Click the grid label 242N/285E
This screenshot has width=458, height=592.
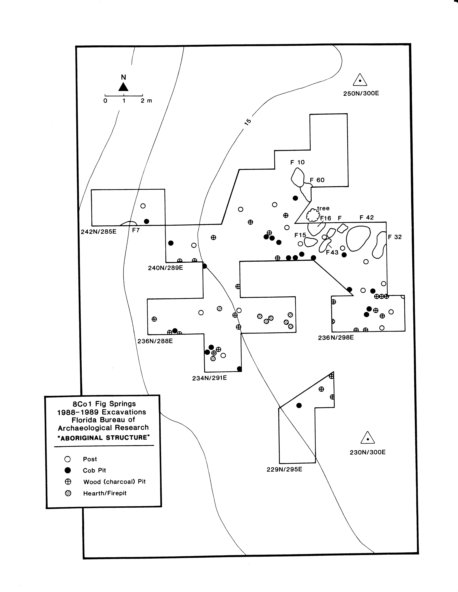pyautogui.click(x=99, y=232)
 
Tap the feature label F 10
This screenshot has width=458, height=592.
pyautogui.click(x=297, y=162)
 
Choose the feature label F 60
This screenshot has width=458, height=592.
pyautogui.click(x=317, y=180)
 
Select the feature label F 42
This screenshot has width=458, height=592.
pyautogui.click(x=367, y=217)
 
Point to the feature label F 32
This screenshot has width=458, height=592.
pyautogui.click(x=395, y=237)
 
